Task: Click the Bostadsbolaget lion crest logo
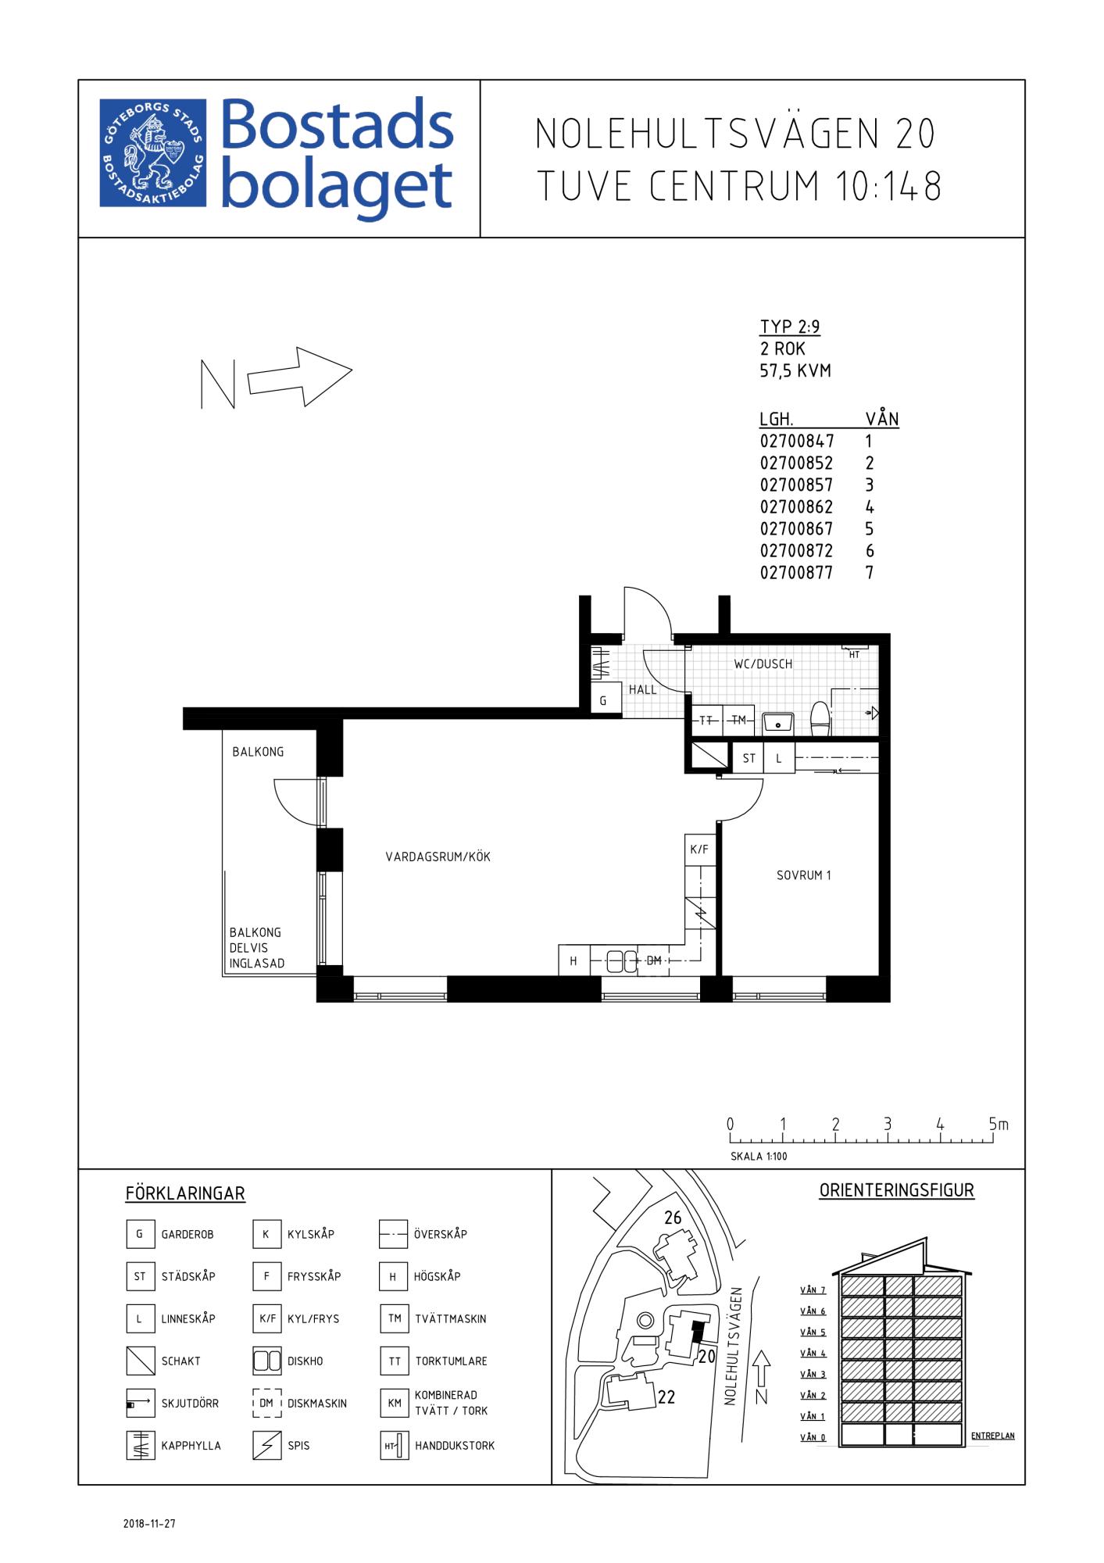point(153,153)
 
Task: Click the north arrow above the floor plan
point(300,377)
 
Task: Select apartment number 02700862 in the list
point(796,506)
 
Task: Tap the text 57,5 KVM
point(795,370)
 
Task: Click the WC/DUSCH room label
point(763,664)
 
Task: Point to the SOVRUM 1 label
point(803,875)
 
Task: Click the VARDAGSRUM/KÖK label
point(438,857)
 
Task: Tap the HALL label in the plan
point(643,689)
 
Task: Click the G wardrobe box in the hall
point(603,701)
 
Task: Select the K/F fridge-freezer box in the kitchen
point(699,849)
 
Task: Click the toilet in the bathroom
point(820,719)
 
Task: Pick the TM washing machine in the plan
point(738,721)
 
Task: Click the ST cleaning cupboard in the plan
point(749,758)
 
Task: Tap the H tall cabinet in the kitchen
point(573,961)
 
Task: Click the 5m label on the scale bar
point(999,1124)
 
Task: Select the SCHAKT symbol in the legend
point(140,1361)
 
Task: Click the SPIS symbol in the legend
point(266,1445)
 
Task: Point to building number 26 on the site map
point(673,1217)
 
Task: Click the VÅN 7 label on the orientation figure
point(813,1289)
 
